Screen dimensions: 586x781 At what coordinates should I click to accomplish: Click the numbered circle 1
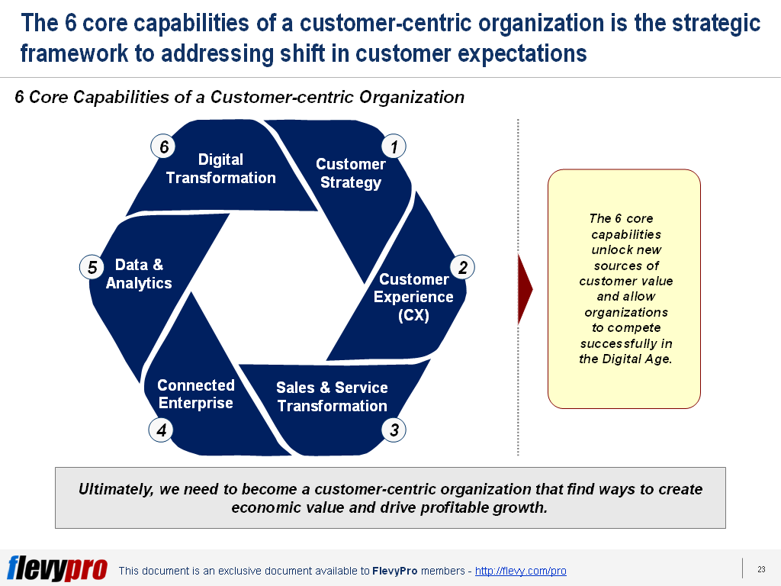394,146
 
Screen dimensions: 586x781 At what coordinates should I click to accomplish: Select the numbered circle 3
394,430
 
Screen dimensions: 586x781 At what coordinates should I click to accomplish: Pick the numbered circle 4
162,430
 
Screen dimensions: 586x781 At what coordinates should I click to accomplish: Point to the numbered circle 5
92,267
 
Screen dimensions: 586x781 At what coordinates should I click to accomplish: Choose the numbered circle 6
162,146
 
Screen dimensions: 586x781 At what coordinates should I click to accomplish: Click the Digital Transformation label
220,169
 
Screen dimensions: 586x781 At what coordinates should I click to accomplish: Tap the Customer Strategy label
351,173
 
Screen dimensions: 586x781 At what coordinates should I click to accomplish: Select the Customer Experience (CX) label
413,297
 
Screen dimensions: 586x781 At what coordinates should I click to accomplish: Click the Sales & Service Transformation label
332,397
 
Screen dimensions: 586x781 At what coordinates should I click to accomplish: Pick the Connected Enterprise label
196,394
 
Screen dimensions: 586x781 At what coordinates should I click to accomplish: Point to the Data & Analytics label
139,274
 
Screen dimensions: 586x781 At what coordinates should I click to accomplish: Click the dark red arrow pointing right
525,289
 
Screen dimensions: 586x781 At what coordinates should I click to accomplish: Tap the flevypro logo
56,568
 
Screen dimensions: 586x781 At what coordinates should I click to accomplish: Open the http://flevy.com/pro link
520,571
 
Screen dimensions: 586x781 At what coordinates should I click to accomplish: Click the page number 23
761,568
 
